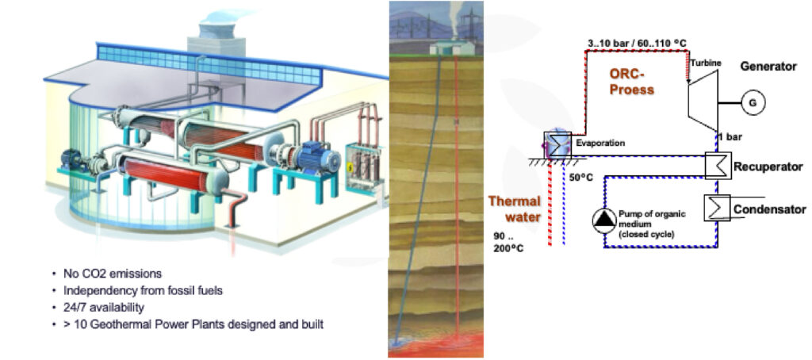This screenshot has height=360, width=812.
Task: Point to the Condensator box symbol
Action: [718, 209]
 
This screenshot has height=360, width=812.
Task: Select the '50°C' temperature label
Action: [582, 177]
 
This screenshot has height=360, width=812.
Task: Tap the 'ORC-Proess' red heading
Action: [631, 81]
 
